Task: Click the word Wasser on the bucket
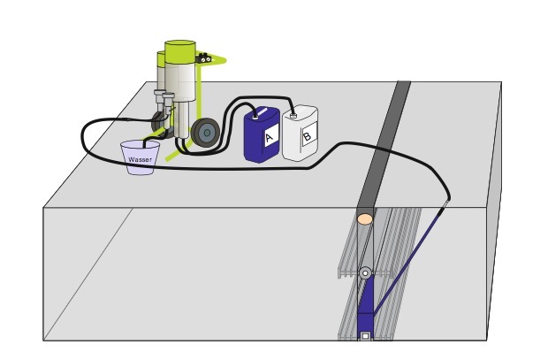(x=141, y=159)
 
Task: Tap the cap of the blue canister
(x=255, y=112)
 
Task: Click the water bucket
(x=141, y=157)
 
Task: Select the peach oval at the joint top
(x=364, y=218)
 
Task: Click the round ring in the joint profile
(x=364, y=273)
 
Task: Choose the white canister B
(x=301, y=134)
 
